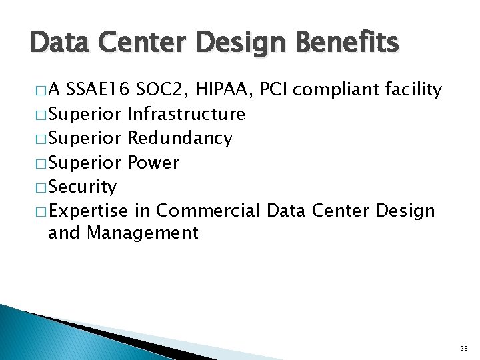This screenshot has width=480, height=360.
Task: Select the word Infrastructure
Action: point(186,115)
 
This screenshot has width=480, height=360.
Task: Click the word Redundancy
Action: point(179,139)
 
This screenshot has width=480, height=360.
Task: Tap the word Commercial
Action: point(207,211)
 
